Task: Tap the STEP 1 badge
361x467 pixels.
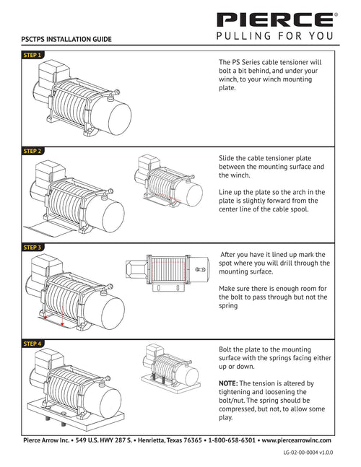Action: pos(32,55)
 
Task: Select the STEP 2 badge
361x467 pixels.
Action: pos(32,151)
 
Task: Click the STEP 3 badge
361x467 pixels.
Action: pos(32,247)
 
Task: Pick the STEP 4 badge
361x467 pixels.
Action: pos(32,344)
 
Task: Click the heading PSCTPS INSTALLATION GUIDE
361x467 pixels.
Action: pos(66,39)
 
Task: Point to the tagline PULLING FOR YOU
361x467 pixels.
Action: pos(274,36)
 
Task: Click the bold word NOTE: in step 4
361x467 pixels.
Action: pos(228,383)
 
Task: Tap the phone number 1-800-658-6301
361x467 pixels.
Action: pos(232,440)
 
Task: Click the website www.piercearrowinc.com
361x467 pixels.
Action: pos(296,440)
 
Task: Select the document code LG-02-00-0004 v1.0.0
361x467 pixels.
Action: pos(308,453)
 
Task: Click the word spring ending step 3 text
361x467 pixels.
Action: pos(228,306)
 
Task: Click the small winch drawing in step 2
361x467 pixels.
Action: pos(168,180)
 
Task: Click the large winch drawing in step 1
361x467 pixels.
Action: pos(82,98)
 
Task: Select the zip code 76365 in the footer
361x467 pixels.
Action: pos(193,440)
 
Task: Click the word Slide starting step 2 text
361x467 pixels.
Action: pos(227,158)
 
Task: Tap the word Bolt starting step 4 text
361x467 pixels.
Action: pos(225,349)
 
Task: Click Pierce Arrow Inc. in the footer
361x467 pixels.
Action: pos(46,440)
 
